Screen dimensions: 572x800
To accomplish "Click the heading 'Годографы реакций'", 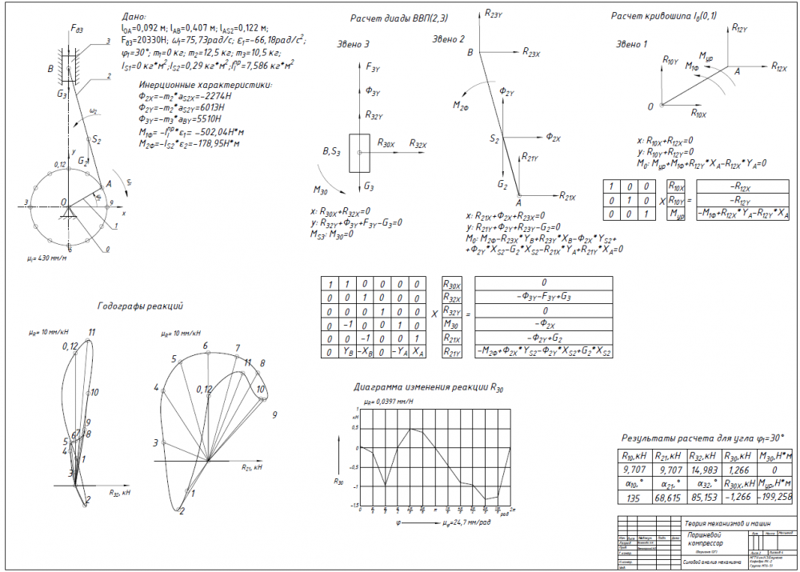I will [x=141, y=306].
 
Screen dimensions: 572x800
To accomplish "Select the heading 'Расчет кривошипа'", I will [x=655, y=17].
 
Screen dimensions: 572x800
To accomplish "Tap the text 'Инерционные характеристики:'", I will [x=206, y=85].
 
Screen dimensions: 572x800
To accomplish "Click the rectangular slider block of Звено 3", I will [x=359, y=151].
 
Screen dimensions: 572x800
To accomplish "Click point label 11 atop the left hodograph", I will [x=92, y=331].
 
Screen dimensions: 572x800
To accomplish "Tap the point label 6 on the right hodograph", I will [x=205, y=346].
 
